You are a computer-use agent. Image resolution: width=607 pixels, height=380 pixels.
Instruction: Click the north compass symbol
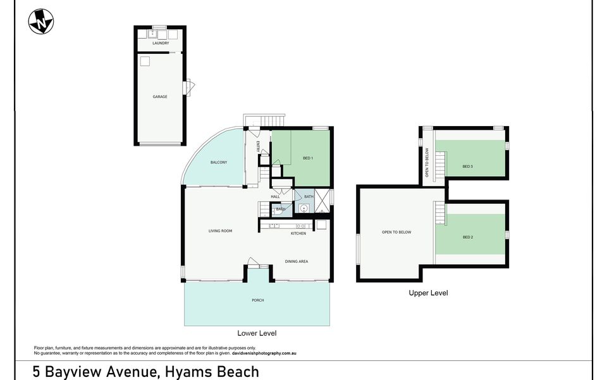click(40, 22)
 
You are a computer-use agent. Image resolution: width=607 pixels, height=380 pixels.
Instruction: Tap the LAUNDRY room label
click(161, 43)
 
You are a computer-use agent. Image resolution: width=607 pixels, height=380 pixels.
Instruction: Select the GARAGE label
click(160, 97)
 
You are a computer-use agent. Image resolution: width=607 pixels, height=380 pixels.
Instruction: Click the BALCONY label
click(219, 163)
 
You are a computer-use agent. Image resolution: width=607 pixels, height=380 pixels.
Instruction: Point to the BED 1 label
click(308, 158)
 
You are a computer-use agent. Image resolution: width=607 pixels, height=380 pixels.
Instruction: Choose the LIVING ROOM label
click(221, 231)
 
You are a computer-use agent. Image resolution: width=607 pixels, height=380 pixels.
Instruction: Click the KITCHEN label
click(298, 233)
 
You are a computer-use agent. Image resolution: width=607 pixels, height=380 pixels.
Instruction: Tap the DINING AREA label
click(297, 261)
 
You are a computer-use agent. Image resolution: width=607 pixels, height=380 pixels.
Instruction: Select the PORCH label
click(257, 300)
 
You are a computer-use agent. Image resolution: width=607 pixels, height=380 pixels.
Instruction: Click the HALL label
click(275, 197)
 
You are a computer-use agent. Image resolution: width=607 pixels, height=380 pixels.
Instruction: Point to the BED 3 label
click(468, 167)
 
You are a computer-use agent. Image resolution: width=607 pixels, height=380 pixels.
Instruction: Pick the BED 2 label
click(468, 237)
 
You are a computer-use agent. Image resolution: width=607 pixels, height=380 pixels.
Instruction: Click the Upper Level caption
click(429, 293)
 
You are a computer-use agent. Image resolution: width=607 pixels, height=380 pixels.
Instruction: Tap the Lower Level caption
click(257, 333)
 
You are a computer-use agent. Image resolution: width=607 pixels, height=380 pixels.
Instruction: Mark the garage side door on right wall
click(188, 87)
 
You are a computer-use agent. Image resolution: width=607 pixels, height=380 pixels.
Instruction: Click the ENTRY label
click(259, 146)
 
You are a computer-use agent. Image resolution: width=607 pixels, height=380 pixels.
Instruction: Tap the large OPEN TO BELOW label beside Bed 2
click(396, 232)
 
